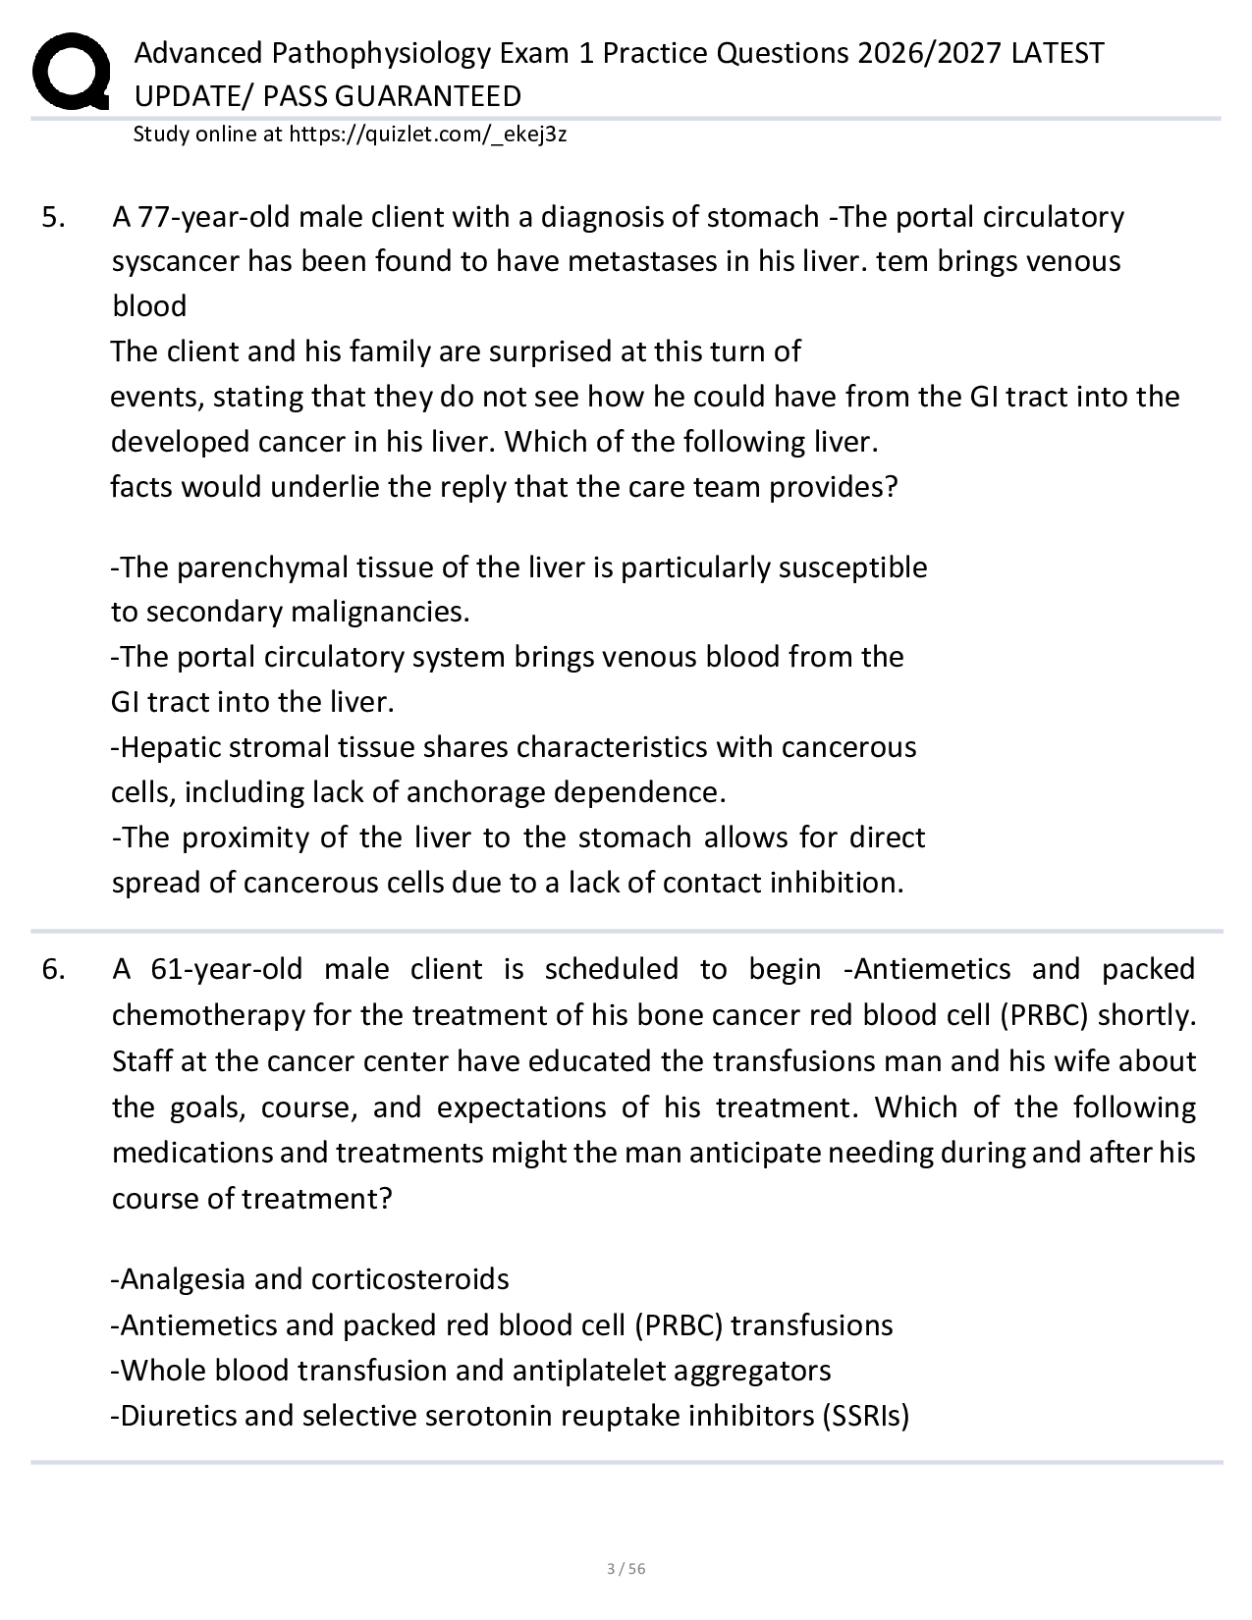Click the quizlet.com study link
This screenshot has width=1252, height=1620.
427,135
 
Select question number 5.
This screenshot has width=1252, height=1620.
54,217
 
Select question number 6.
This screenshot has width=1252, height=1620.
54,970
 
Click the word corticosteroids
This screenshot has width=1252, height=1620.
409,1279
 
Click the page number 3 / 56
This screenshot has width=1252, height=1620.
626,1569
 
